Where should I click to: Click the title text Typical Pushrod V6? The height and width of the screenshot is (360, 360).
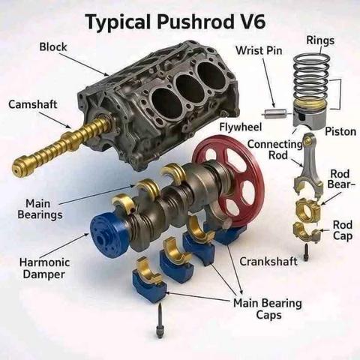(175, 22)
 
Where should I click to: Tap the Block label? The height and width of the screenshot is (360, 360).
(53, 46)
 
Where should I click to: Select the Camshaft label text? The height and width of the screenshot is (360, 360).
(33, 104)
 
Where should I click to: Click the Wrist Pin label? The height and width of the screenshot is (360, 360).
(259, 50)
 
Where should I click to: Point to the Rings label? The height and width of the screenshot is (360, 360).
(320, 40)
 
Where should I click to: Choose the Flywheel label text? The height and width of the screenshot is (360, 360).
(241, 127)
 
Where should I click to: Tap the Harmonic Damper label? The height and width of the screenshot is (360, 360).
(44, 268)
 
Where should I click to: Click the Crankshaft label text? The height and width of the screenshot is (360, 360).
(268, 262)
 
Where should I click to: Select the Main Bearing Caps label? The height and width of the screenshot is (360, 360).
(268, 309)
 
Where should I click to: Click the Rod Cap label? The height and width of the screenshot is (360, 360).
(343, 230)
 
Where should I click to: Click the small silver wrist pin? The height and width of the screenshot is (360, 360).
(274, 114)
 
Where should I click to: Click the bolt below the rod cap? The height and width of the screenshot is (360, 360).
(305, 253)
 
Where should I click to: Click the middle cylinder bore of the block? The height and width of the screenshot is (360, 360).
(190, 88)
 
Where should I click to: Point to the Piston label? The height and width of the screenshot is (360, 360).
(340, 132)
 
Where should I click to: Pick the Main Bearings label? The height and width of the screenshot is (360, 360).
(40, 209)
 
